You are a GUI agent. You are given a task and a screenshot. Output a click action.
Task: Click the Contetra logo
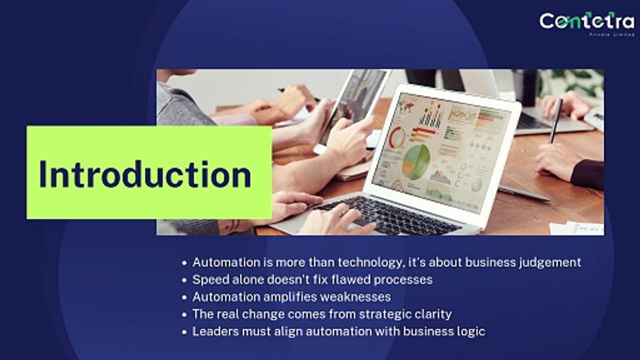pos(586,20)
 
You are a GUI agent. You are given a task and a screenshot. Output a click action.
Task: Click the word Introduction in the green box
pos(145,174)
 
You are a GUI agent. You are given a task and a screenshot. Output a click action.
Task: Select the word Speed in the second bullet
pos(209,279)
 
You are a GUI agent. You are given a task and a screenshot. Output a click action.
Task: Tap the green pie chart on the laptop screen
pos(416,161)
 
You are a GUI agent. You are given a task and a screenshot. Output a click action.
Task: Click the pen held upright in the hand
pos(555,120)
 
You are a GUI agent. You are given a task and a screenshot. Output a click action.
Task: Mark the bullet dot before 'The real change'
pos(185,314)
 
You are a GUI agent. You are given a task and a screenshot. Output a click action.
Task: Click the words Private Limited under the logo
pos(611,34)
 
